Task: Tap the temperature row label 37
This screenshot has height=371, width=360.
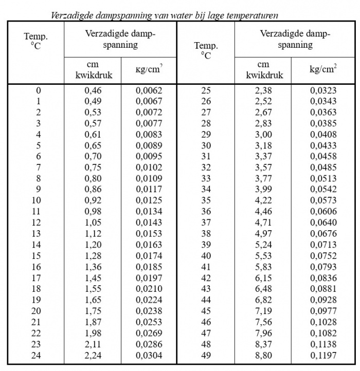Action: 206,223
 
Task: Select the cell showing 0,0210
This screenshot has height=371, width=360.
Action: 149,289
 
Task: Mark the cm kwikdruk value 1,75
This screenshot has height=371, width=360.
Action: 94,310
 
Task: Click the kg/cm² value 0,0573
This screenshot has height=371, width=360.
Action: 323,201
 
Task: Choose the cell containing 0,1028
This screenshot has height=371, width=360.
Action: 323,322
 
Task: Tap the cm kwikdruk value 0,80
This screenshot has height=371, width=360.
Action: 94,179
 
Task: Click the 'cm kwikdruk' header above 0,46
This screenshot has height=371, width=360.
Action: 94,71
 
